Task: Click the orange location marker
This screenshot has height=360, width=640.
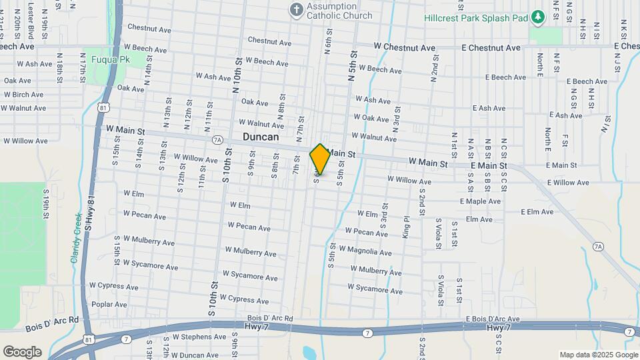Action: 320,159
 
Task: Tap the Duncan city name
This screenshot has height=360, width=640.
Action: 261,137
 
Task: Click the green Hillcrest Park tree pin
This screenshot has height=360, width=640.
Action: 537,17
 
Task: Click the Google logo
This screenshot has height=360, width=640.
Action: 22,351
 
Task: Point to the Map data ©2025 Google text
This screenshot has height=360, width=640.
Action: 599,355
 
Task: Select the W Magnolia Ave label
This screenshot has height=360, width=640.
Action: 365,251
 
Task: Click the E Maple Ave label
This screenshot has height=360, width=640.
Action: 480,201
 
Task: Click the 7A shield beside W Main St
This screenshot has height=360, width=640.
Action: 217,140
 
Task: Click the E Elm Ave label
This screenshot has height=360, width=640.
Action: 537,212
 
